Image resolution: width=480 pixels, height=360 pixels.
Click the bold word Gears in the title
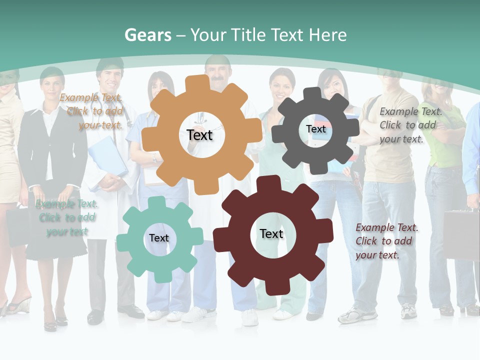147,35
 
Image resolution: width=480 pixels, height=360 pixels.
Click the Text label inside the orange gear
199,135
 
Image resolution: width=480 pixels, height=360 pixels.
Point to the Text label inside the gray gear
315,129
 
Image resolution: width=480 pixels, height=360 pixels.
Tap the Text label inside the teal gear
159,238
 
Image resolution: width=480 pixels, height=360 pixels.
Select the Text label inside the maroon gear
271,233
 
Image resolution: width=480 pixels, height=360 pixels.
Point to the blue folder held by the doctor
107,155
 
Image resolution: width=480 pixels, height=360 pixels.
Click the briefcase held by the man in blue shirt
461,232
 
